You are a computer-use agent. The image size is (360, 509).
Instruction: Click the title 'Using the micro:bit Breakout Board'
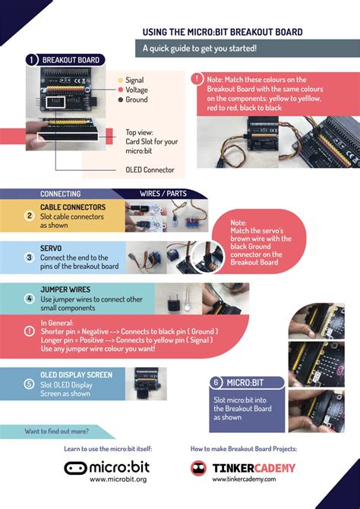(223, 32)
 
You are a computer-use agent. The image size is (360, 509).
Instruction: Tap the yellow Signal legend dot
(120, 80)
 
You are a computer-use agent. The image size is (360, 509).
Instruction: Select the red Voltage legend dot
(120, 90)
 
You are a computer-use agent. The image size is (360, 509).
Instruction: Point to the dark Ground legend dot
(120, 100)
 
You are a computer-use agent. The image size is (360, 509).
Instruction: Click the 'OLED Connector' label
(150, 169)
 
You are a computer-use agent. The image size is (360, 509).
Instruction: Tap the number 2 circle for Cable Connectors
(30, 216)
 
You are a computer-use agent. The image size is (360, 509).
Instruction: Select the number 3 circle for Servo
(30, 258)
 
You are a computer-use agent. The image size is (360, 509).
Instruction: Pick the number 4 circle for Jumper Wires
(30, 299)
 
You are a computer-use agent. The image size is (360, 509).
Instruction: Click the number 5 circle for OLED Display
(30, 384)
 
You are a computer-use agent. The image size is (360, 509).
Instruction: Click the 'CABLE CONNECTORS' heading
(73, 207)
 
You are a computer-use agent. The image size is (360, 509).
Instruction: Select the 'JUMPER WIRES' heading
(65, 289)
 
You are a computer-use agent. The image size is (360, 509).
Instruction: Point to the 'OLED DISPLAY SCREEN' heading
(76, 375)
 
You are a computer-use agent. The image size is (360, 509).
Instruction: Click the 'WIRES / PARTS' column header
(163, 194)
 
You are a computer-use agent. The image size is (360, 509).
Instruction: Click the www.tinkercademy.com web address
(244, 479)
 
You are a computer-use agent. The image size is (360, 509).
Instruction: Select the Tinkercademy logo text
(254, 467)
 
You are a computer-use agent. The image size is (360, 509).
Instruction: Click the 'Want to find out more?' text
(56, 431)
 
